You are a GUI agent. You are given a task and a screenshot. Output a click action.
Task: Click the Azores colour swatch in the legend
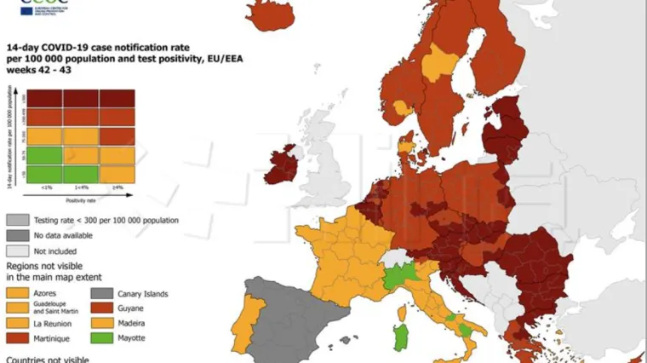17,293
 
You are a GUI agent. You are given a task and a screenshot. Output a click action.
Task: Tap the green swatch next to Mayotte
101,338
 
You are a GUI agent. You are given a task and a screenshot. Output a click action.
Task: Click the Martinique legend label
53,339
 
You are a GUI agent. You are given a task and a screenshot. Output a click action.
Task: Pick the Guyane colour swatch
101,308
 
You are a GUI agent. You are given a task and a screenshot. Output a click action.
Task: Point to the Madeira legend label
131,324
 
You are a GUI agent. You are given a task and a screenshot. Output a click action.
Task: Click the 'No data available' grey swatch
17,235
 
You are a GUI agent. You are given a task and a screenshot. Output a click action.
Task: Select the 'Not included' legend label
55,251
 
